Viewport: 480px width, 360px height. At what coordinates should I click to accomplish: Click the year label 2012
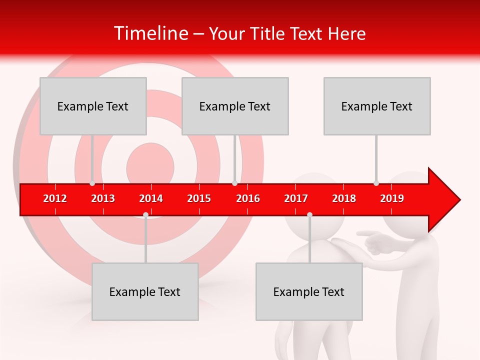tap(55, 198)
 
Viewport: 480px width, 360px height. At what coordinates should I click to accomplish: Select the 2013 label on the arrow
tap(103, 198)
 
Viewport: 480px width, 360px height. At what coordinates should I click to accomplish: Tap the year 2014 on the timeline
tap(151, 198)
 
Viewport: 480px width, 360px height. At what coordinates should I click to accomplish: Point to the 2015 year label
tap(199, 198)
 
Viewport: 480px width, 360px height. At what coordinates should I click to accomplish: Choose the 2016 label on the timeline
tap(248, 198)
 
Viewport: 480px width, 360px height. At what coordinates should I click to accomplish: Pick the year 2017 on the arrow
tap(296, 198)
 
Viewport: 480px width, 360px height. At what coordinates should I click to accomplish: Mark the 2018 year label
tap(344, 198)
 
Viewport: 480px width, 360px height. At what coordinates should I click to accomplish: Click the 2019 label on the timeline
tap(392, 198)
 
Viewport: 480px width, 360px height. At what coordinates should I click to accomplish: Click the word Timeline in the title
tap(150, 33)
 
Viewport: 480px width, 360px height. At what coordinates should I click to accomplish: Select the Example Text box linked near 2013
tap(93, 106)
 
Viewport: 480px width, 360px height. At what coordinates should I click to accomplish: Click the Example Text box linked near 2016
tap(235, 106)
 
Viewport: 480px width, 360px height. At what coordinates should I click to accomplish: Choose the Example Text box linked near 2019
tap(377, 106)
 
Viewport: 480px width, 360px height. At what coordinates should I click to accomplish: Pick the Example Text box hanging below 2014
tap(145, 291)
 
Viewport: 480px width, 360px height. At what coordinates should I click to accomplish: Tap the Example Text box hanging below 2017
tap(309, 291)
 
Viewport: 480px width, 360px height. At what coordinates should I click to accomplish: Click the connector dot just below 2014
tap(145, 214)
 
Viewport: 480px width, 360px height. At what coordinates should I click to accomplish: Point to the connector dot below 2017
tap(309, 214)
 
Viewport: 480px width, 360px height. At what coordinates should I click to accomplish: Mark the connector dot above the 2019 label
tap(376, 183)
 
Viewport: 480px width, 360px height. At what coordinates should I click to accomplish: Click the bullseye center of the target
tap(150, 165)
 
